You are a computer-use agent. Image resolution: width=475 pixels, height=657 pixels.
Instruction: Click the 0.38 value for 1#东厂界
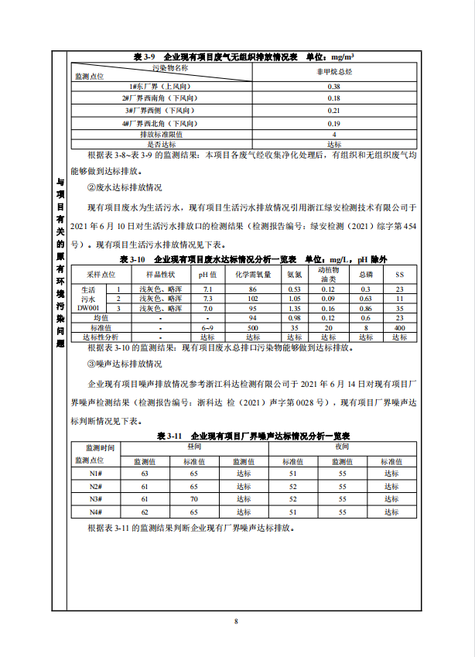pyautogui.click(x=333, y=86)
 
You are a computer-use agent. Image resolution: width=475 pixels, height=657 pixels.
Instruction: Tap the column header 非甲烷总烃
pyautogui.click(x=333, y=71)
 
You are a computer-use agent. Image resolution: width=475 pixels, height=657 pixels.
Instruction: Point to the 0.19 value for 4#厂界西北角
pyautogui.click(x=333, y=123)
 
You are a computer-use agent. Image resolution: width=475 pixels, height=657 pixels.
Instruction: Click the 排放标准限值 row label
pyautogui.click(x=161, y=135)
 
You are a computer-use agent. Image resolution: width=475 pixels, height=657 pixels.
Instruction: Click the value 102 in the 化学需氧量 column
pyautogui.click(x=252, y=299)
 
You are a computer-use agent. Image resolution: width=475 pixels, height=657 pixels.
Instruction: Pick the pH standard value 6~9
pyautogui.click(x=207, y=327)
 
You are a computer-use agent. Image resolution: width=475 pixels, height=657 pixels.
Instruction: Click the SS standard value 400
pyautogui.click(x=399, y=327)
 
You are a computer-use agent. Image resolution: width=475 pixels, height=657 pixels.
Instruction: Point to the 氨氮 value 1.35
pyautogui.click(x=294, y=308)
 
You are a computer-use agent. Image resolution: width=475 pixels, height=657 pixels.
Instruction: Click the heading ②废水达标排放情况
pyautogui.click(x=124, y=187)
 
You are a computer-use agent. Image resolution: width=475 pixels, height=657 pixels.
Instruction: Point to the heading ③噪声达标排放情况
pyautogui.click(x=124, y=363)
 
